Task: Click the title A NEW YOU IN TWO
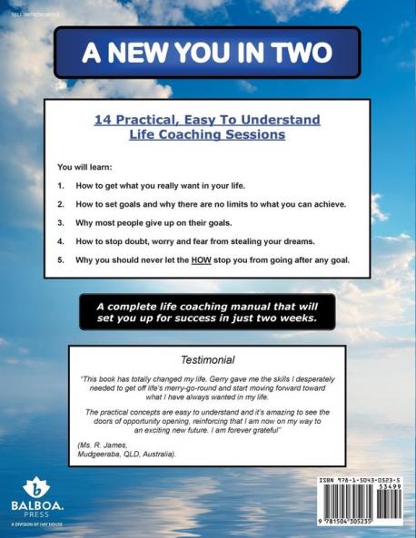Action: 207,53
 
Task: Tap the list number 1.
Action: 61,185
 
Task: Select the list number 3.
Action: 61,223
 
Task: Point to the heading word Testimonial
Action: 208,359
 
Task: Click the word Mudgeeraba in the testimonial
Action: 101,454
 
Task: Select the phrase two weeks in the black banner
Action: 288,318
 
